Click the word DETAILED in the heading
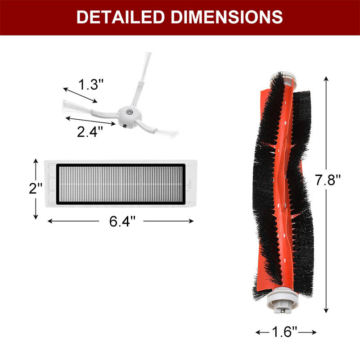point(121,17)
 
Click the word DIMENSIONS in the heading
point(227,17)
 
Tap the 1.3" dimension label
point(91,84)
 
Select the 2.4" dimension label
point(90,132)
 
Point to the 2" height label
point(36,188)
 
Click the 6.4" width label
point(122,221)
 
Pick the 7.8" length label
point(328,180)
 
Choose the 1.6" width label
point(284,332)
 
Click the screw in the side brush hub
point(129,112)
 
